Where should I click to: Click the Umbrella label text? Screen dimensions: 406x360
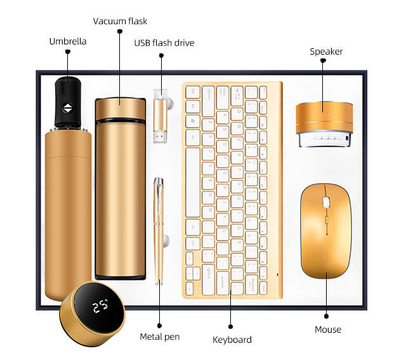point(68,41)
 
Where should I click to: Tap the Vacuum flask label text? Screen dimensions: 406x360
point(120,21)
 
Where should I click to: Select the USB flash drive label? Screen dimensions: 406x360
point(164,43)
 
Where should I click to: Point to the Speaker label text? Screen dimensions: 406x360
point(326,51)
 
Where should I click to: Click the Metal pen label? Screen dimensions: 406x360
point(159,336)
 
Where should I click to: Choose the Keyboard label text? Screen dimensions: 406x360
point(232,340)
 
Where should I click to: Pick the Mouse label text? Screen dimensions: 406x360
point(328,330)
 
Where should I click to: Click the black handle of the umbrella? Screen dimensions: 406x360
point(67,102)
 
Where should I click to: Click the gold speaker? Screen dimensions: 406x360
point(324,118)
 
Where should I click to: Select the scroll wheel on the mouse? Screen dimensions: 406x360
point(326,203)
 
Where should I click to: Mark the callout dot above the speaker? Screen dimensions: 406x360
point(323,61)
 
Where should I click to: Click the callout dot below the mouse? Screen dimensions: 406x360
point(327,316)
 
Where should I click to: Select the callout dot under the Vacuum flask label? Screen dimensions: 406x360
point(119,30)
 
